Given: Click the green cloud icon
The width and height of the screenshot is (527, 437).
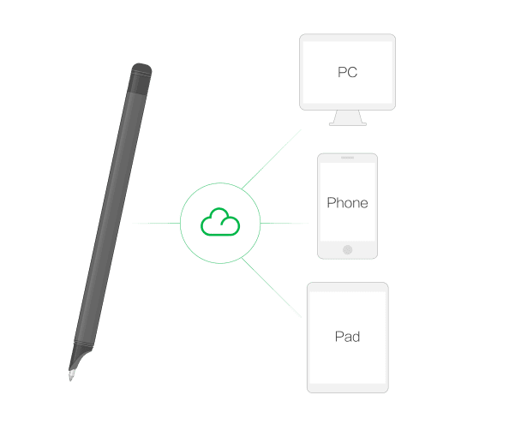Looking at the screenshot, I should coord(219,223).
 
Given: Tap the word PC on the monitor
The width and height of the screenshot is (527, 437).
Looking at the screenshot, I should coord(347,72).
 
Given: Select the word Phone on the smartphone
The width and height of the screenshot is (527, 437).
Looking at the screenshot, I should coord(347,203).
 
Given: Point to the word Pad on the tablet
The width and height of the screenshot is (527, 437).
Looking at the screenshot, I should coord(347,337).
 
